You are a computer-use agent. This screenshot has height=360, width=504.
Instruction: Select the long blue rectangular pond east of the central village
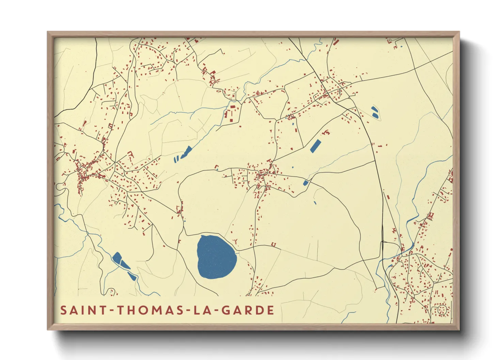coord(315,146)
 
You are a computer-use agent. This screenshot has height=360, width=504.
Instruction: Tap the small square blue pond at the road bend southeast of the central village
coord(305,183)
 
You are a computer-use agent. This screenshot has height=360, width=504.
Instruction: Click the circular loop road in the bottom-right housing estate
coord(442,310)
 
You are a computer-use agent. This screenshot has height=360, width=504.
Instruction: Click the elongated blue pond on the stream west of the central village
coord(187,152)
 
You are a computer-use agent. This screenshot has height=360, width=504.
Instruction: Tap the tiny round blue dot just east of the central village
coord(293,167)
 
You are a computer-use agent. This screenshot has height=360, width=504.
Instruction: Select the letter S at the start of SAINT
coord(63,310)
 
